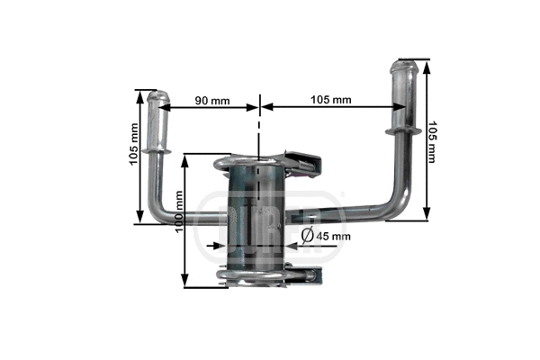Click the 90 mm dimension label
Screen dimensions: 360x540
(x=212, y=100)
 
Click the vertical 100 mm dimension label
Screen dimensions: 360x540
(x=179, y=220)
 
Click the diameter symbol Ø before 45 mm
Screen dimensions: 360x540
(x=307, y=236)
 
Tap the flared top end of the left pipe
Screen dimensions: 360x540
(x=159, y=97)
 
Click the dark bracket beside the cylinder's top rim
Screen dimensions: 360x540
(x=306, y=160)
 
